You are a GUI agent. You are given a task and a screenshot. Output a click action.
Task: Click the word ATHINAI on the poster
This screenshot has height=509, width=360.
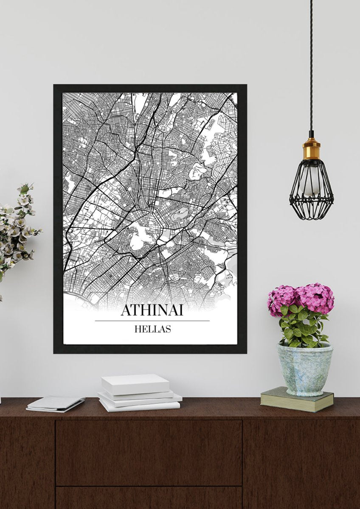pyautogui.click(x=152, y=310)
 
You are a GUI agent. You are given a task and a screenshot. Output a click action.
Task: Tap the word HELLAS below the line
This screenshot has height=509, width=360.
pyautogui.click(x=152, y=329)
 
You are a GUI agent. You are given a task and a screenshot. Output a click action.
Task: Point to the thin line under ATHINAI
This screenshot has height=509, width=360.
pyautogui.click(x=152, y=321)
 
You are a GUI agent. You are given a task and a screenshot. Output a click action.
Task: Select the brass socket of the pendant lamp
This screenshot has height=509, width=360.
pyautogui.click(x=311, y=149)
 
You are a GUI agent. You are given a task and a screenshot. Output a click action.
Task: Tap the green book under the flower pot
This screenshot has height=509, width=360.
pyautogui.click(x=297, y=400)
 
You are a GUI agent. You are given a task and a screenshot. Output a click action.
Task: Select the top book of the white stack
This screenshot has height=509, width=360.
pyautogui.click(x=135, y=383)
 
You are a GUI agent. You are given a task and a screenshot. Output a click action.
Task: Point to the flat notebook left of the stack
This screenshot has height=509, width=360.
pyautogui.click(x=56, y=403)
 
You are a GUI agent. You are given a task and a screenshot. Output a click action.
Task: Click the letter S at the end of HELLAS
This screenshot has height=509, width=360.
pyautogui.click(x=168, y=329)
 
